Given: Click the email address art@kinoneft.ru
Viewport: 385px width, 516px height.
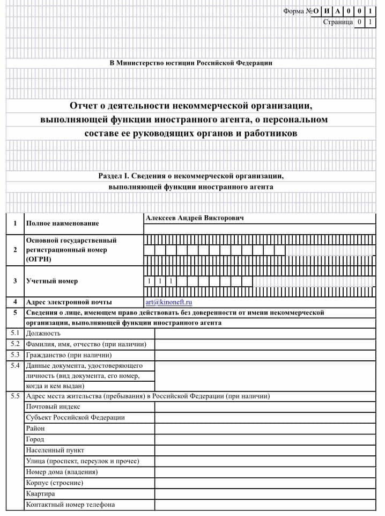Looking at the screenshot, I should click(x=168, y=302).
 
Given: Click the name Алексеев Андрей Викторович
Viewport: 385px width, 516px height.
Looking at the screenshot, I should click(x=194, y=219).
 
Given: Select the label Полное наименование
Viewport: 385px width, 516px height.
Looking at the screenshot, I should click(x=62, y=223).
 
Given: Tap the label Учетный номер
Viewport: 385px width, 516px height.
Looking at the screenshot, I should click(x=51, y=281).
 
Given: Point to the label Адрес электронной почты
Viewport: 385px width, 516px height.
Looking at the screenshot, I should click(x=69, y=302).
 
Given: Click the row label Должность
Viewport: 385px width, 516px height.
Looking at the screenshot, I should click(x=43, y=333).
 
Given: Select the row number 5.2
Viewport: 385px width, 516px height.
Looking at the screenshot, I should click(x=15, y=344).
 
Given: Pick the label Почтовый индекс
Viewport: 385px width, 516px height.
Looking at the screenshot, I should click(x=53, y=407).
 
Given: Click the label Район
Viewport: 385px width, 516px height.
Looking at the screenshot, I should click(x=35, y=428).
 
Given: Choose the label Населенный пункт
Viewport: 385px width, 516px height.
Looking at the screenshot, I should click(x=55, y=450).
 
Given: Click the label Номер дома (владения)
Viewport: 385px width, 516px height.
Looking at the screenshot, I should click(x=62, y=472).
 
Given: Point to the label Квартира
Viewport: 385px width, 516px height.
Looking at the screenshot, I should click(x=40, y=493).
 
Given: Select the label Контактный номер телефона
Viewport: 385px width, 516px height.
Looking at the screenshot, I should click(x=70, y=505).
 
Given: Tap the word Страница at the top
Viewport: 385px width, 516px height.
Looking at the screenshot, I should click(x=338, y=22).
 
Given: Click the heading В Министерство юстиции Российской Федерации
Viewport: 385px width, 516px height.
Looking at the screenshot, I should click(x=191, y=63).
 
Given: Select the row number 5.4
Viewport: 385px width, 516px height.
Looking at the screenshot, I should click(x=15, y=366).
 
